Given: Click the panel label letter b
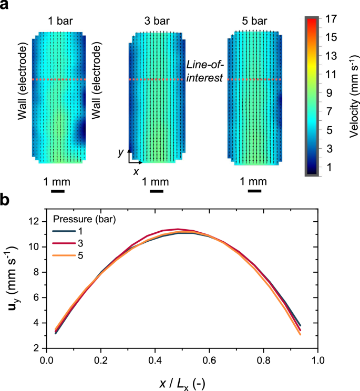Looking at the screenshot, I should coord(5,200).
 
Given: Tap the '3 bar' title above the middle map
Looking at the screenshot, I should coord(156,23).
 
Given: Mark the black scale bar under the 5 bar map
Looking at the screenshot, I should coord(254,191).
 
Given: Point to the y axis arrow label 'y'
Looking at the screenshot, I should coord(120,152).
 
